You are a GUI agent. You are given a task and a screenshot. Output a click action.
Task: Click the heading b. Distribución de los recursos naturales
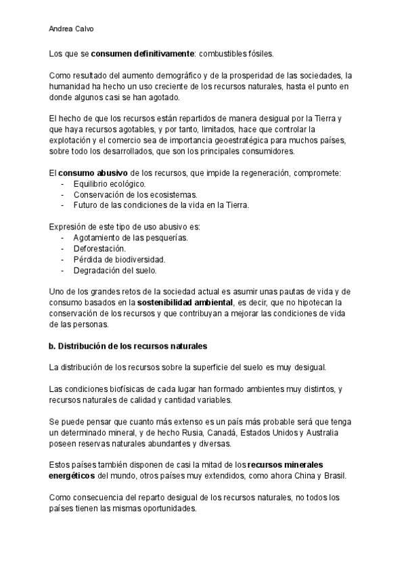(x=129, y=345)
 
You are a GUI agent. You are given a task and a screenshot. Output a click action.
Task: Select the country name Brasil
(x=333, y=476)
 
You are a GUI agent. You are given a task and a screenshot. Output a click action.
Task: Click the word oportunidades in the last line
(x=167, y=508)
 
